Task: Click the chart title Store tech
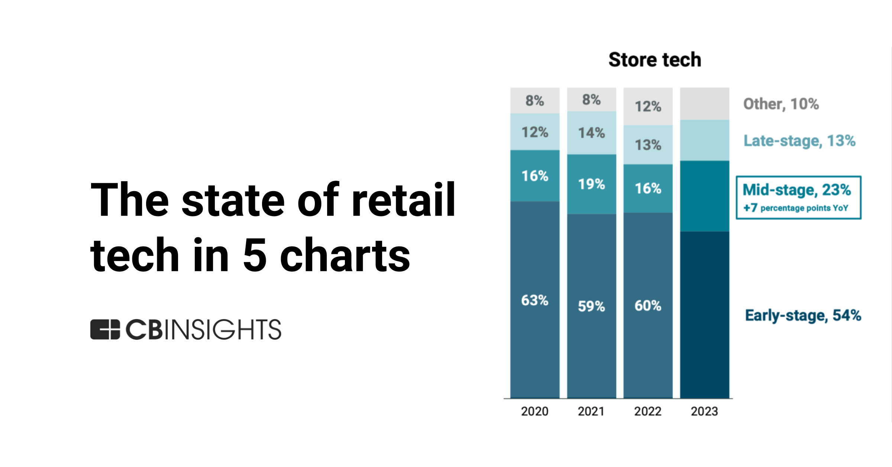[655, 60]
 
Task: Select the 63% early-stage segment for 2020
[534, 300]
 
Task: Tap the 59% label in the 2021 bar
[591, 306]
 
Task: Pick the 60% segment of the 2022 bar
[648, 306]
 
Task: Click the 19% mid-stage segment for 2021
[591, 184]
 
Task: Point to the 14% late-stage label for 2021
[591, 133]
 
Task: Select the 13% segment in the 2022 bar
[648, 145]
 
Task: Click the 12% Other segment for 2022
[648, 106]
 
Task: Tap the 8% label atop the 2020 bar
[534, 100]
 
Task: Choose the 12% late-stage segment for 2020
[534, 132]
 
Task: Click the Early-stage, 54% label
[803, 315]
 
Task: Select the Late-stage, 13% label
[799, 141]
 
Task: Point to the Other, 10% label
[781, 104]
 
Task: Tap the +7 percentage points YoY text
[796, 208]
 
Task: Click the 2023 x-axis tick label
[704, 411]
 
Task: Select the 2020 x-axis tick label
[534, 411]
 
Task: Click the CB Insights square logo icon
[105, 329]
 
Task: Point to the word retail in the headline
[403, 200]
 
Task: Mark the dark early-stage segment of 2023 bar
[704, 314]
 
